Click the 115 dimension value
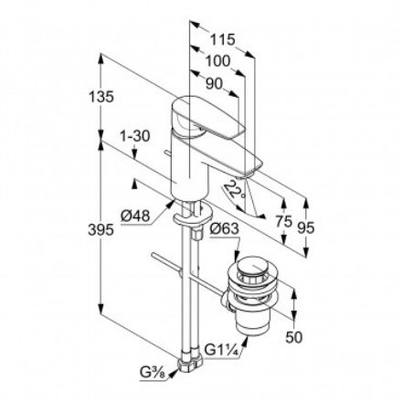(x=222, y=40)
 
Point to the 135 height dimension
(x=108, y=95)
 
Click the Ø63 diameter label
(x=225, y=229)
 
